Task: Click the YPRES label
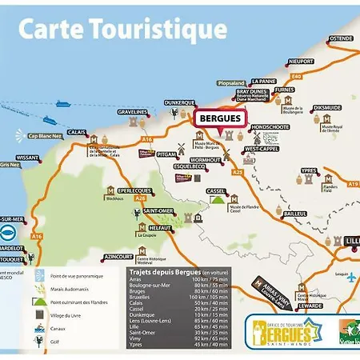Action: tap(309, 170)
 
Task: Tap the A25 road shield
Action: tap(237, 172)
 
